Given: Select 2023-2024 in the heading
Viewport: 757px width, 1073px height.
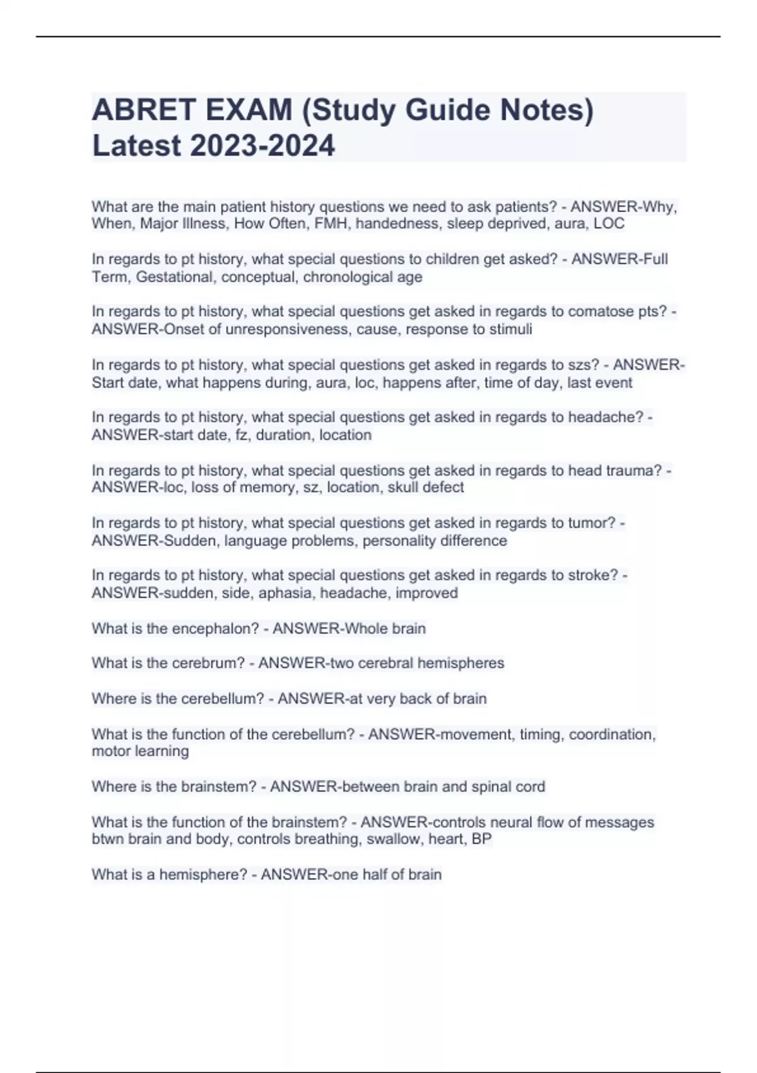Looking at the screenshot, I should coord(262,146).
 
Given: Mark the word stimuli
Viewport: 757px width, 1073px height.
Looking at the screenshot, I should coord(510,329).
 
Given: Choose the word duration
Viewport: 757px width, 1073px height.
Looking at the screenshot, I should coord(283,435).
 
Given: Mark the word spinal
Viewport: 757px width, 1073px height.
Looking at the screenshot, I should coord(488,786).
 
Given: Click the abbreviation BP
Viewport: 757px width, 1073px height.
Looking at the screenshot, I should coord(482,839).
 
